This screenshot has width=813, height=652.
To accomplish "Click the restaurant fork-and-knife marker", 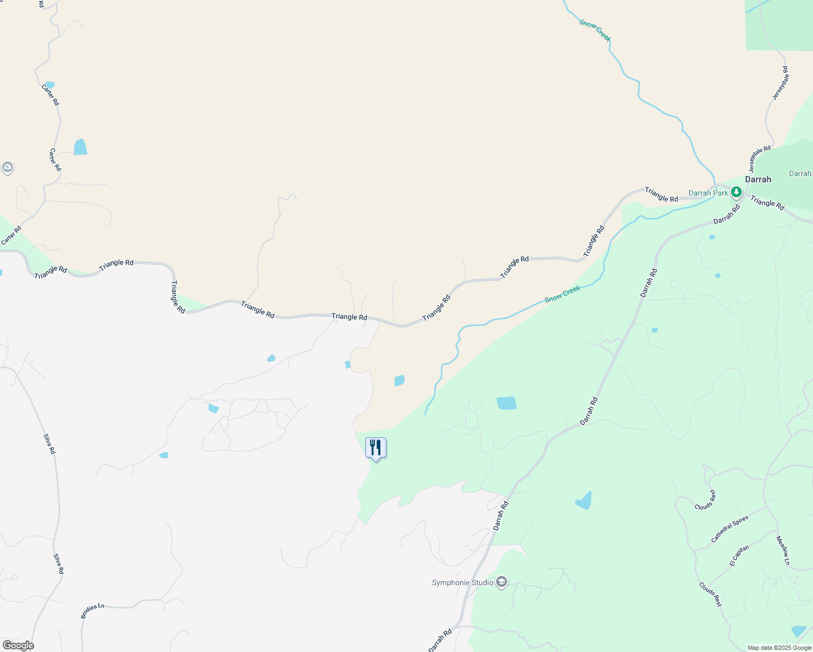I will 376,448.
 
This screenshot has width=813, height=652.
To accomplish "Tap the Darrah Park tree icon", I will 736,192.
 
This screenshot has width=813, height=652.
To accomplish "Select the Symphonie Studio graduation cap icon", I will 502,582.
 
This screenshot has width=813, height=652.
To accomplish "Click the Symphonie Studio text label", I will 462,582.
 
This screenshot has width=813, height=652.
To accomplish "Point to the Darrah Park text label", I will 708,193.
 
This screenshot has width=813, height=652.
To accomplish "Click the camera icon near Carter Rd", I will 7,167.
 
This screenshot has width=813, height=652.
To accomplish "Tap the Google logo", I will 18,645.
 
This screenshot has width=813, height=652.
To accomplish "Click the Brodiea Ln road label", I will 92,611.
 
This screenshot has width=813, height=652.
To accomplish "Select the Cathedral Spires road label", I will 730,529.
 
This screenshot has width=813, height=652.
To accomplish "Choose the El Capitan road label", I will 740,556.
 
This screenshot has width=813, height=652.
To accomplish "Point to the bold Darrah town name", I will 758,179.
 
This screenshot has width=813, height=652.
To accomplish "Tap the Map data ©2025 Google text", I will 779,648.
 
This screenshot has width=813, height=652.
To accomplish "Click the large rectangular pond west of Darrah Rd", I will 506,403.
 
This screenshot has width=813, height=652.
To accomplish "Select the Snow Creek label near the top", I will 595,30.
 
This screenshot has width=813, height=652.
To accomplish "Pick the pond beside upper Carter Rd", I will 80,147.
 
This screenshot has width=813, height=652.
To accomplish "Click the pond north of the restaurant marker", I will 399,380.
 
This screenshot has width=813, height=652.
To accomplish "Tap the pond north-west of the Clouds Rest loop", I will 584,501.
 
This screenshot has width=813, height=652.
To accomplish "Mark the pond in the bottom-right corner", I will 799,631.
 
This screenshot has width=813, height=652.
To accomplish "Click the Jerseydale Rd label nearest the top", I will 780,83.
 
